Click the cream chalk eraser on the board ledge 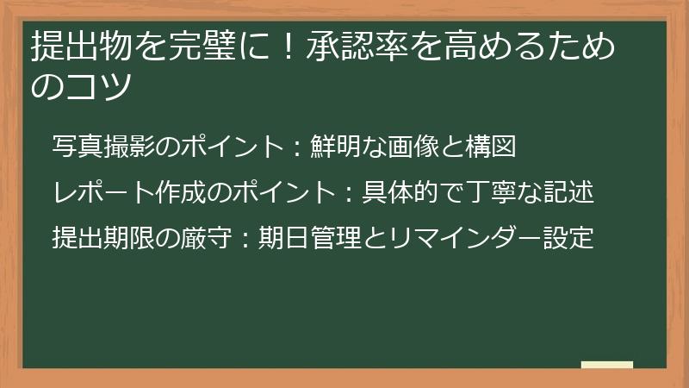(x=607, y=365)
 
